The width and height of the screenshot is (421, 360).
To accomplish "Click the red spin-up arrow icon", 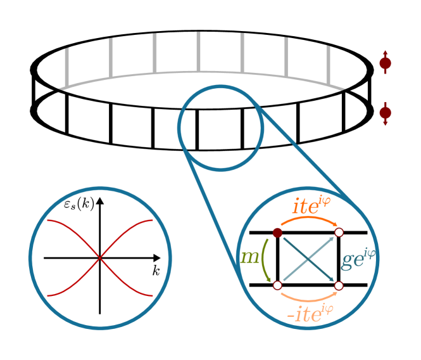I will (x=385, y=62).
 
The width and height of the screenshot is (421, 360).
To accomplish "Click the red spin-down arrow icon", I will (x=385, y=113).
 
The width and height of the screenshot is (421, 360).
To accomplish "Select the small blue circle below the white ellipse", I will (x=220, y=128).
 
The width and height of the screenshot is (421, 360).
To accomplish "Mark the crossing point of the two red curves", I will (x=100, y=258).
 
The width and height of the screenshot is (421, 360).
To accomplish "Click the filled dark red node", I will (x=277, y=233).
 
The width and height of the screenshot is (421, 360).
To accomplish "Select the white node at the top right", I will (x=339, y=233).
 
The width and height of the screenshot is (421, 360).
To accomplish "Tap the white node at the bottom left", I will (x=277, y=285).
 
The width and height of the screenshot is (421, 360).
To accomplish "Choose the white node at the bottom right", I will (x=339, y=285).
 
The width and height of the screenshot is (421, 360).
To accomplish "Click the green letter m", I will (x=249, y=257).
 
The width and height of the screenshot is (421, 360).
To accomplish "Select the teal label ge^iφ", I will (x=358, y=259).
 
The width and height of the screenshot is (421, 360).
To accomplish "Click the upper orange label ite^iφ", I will (x=312, y=205).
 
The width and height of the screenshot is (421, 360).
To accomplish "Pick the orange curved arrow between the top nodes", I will (x=308, y=219).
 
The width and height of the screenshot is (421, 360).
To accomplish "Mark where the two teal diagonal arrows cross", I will (x=308, y=259).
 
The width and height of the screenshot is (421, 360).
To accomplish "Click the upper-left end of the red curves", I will (x=48, y=221).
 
